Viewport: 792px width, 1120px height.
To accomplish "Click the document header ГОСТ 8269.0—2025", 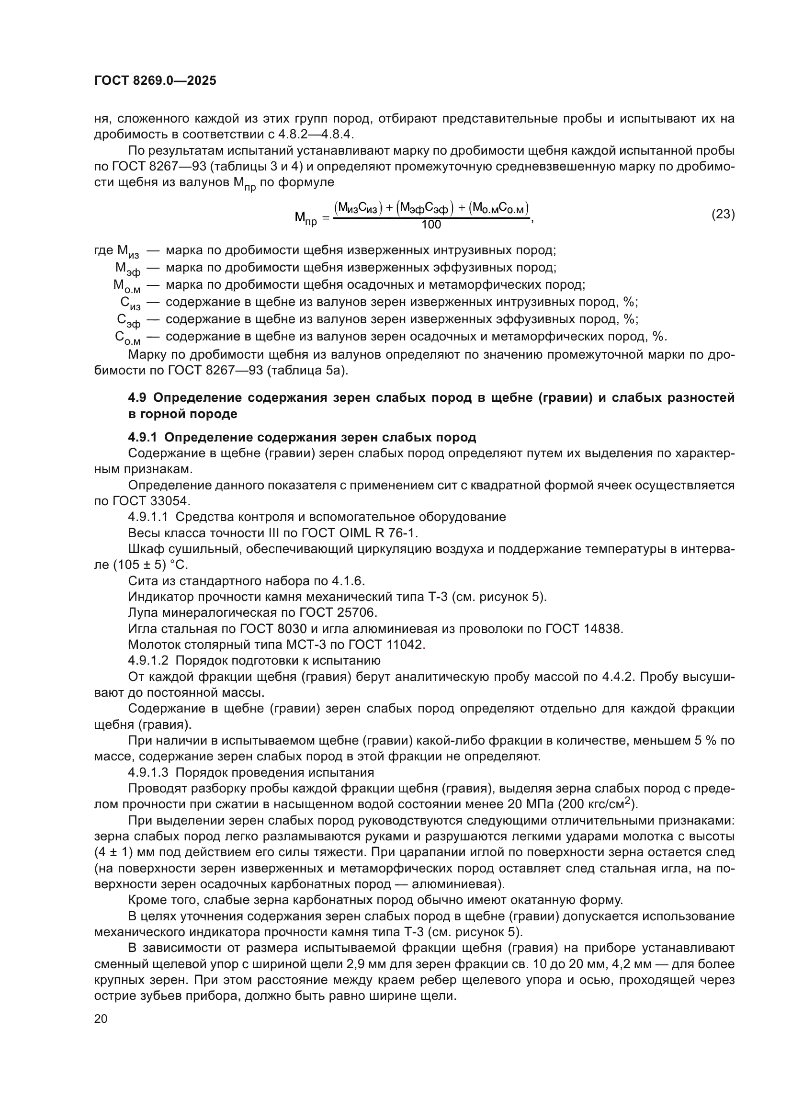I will (x=155, y=81).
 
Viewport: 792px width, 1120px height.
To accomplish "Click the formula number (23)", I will (x=723, y=214).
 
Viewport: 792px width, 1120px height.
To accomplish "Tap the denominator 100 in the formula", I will (x=431, y=225).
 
